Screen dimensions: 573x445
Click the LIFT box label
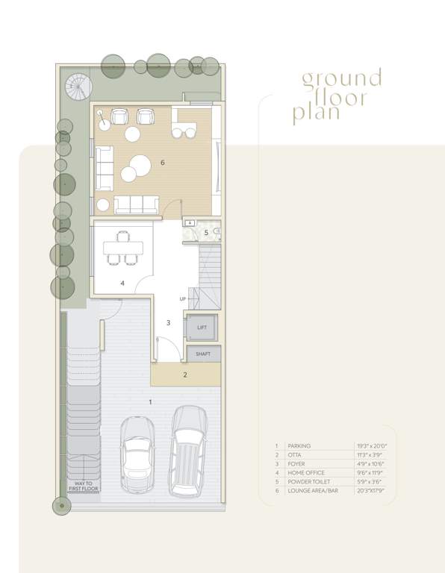(202, 328)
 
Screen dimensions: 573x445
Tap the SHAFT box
(203, 354)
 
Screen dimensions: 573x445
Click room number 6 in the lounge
(162, 162)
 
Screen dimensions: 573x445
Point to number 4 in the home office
(122, 284)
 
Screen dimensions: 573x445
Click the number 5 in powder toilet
(206, 233)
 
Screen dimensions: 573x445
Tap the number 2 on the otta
(185, 375)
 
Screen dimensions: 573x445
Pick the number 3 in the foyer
(168, 322)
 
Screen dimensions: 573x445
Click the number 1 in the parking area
(150, 402)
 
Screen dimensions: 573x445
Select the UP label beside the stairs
(182, 299)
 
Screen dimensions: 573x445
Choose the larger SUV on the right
(189, 451)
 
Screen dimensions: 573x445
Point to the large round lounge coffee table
(141, 163)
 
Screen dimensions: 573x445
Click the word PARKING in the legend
(299, 445)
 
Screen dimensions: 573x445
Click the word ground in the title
(341, 79)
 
